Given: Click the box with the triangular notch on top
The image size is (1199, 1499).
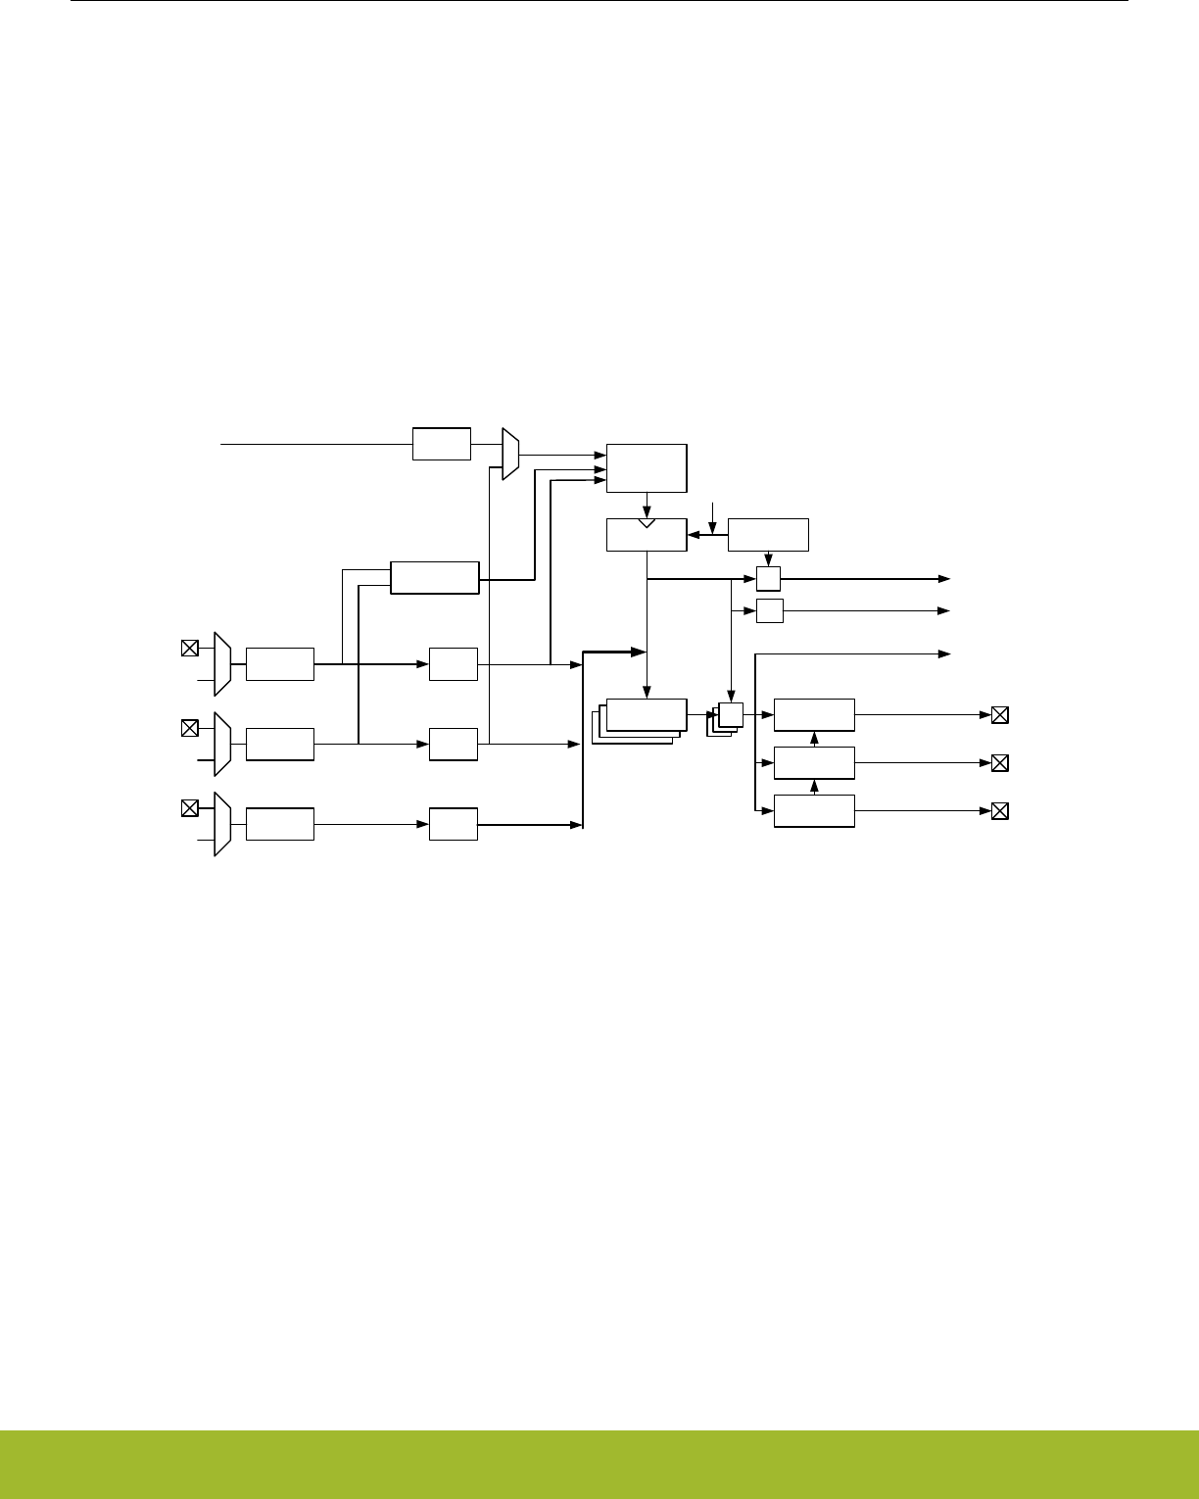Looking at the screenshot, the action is click(x=647, y=535).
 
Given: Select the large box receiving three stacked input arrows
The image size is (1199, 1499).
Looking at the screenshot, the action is click(x=647, y=467).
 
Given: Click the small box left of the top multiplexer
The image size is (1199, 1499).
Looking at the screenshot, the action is click(x=441, y=443).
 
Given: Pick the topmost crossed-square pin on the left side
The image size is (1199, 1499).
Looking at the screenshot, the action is click(x=190, y=648).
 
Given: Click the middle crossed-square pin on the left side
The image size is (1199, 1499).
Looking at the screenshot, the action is click(x=190, y=727).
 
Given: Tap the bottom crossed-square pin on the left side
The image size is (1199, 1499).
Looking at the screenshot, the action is click(x=190, y=808).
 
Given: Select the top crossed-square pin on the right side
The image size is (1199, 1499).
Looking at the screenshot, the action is click(x=999, y=715).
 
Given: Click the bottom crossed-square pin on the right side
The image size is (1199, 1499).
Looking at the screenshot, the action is click(x=999, y=811).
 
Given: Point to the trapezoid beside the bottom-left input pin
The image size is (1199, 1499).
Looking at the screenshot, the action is click(x=222, y=824).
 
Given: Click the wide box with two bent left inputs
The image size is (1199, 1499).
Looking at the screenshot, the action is click(x=434, y=577).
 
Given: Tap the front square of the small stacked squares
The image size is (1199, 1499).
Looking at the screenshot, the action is click(x=731, y=714).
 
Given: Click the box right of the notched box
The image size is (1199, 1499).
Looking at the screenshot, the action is click(x=768, y=534).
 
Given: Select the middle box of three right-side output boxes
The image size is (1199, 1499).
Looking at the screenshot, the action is click(x=814, y=762).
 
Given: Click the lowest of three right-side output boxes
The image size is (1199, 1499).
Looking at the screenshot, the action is click(x=814, y=811).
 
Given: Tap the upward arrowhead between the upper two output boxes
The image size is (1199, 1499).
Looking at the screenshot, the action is click(x=815, y=736).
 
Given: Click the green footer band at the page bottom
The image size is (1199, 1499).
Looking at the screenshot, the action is click(x=599, y=1464).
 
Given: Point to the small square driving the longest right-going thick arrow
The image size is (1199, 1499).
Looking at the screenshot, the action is click(x=768, y=578).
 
